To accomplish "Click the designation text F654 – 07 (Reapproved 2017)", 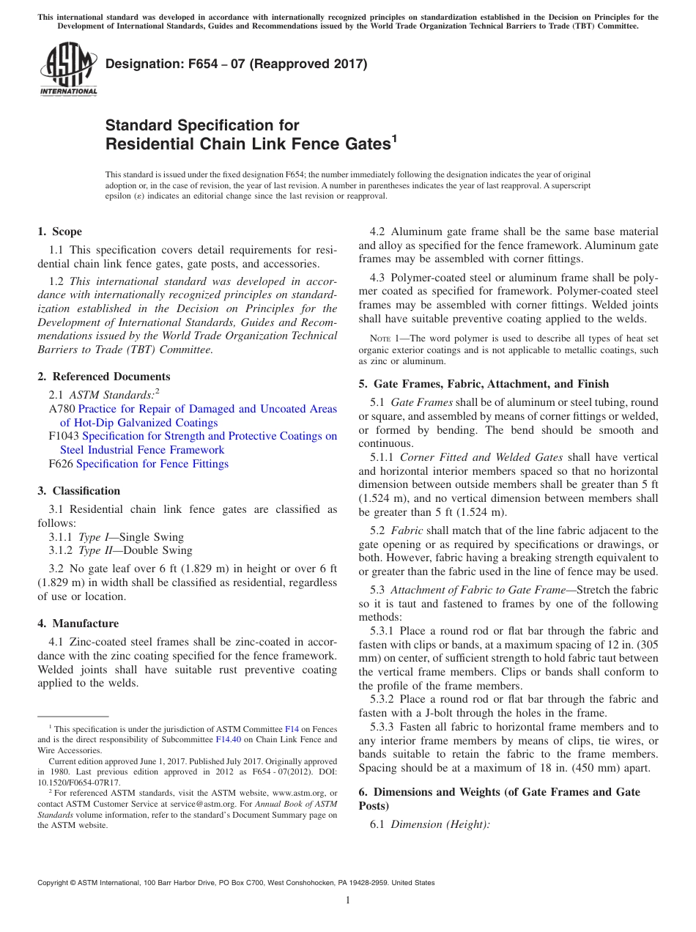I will click(x=237, y=64).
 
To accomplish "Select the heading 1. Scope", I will click(x=59, y=232).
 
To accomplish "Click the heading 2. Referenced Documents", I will click(x=103, y=377).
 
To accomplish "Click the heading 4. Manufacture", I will click(x=78, y=624).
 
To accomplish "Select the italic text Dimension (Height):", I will click(x=440, y=824).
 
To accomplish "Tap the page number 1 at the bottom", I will click(x=348, y=900).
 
